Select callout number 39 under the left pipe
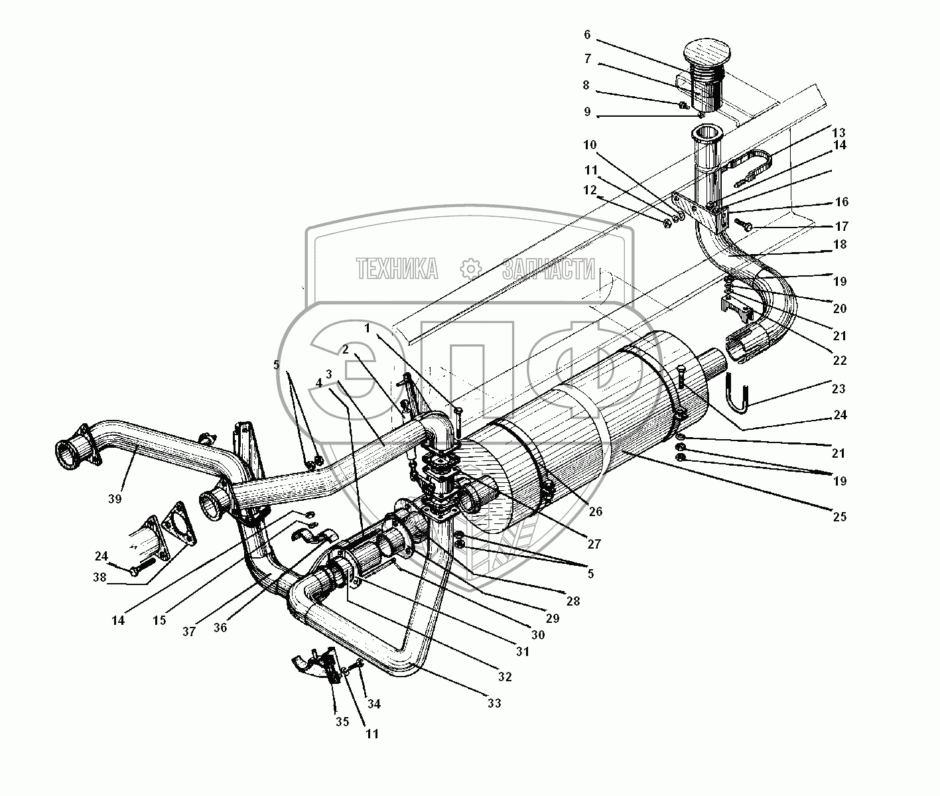pyautogui.click(x=115, y=499)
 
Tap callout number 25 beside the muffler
pyautogui.click(x=839, y=516)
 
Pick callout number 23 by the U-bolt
pyautogui.click(x=839, y=388)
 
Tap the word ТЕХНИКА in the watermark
pyautogui.click(x=397, y=269)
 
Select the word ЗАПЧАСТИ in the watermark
pyautogui.click(x=548, y=269)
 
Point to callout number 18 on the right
pyautogui.click(x=839, y=245)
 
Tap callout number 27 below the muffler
pyautogui.click(x=594, y=544)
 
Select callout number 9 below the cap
pyautogui.click(x=587, y=112)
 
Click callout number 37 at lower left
pyautogui.click(x=190, y=631)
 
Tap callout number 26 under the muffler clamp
pyautogui.click(x=595, y=511)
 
